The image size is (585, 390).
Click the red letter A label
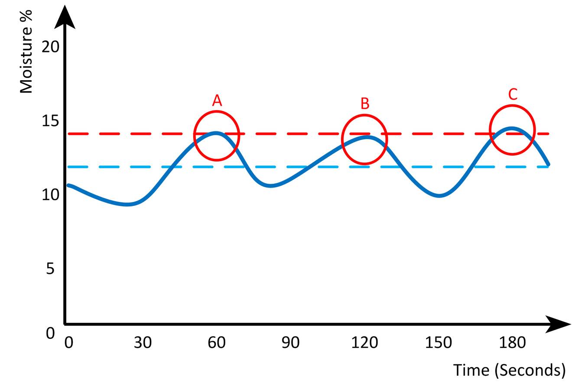click(x=217, y=101)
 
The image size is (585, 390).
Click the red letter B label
click(x=365, y=104)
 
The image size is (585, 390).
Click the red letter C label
click(x=513, y=94)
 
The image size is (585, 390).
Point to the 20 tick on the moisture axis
click(x=50, y=46)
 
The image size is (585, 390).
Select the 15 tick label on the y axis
click(x=50, y=120)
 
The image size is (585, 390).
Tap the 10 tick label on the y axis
click(x=50, y=195)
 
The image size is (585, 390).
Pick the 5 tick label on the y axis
click(x=50, y=269)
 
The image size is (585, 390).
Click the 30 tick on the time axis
click(x=143, y=343)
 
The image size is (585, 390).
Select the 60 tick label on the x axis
click(x=217, y=343)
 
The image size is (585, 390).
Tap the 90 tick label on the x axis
click(x=290, y=343)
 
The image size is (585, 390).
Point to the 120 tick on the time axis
click(x=364, y=343)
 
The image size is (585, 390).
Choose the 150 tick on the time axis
click(x=439, y=343)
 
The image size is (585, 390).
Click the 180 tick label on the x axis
click(x=512, y=343)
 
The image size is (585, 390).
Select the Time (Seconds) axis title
click(x=509, y=370)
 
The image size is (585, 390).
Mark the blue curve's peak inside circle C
click(x=512, y=128)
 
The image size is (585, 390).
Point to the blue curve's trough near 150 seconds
click(x=439, y=196)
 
